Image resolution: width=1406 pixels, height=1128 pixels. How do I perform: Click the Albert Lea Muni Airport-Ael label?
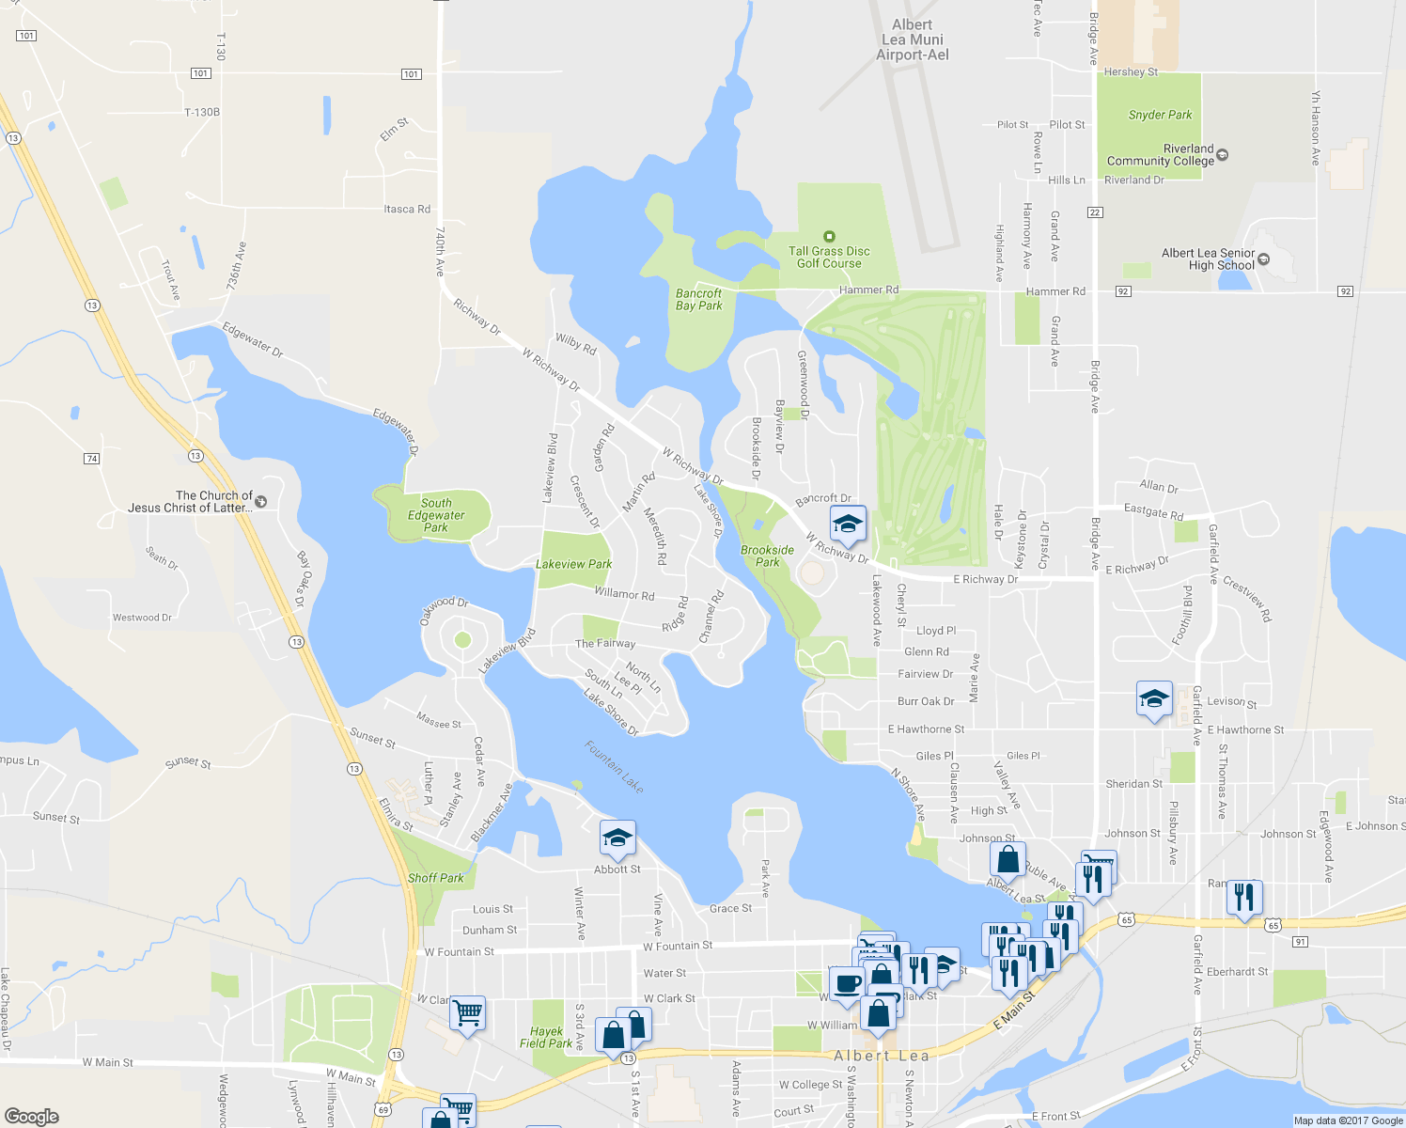pyautogui.click(x=912, y=39)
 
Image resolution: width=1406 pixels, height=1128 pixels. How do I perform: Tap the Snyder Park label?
pyautogui.click(x=1160, y=115)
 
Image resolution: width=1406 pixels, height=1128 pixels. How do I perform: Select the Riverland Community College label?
pyautogui.click(x=1161, y=155)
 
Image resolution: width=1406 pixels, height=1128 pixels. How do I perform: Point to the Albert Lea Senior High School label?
pyautogui.click(x=1208, y=259)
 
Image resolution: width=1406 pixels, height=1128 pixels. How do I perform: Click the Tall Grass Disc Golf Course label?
pyautogui.click(x=829, y=257)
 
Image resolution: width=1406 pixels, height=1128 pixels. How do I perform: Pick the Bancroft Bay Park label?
pyautogui.click(x=698, y=300)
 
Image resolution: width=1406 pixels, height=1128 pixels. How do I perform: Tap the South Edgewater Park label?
pyautogui.click(x=436, y=515)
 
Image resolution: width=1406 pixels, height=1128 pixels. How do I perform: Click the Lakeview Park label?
pyautogui.click(x=573, y=564)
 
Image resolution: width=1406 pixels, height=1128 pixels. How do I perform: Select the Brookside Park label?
pyautogui.click(x=767, y=556)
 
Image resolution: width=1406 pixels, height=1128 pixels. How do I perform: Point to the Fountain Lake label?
pyautogui.click(x=615, y=767)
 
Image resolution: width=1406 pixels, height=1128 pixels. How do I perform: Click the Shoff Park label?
pyautogui.click(x=435, y=878)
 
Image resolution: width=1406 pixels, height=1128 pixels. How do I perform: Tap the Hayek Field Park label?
pyautogui.click(x=546, y=1037)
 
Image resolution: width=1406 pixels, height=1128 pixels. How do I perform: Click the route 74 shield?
pyautogui.click(x=91, y=459)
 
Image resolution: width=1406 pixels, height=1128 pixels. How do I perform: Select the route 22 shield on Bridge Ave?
pyautogui.click(x=1095, y=212)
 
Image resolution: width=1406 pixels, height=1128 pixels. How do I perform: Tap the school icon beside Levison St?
pyautogui.click(x=1154, y=698)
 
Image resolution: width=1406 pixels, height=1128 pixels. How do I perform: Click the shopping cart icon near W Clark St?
pyautogui.click(x=467, y=1013)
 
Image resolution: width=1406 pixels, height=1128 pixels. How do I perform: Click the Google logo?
pyautogui.click(x=32, y=1117)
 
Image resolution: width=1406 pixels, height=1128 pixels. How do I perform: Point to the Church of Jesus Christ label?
pyautogui.click(x=190, y=502)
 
